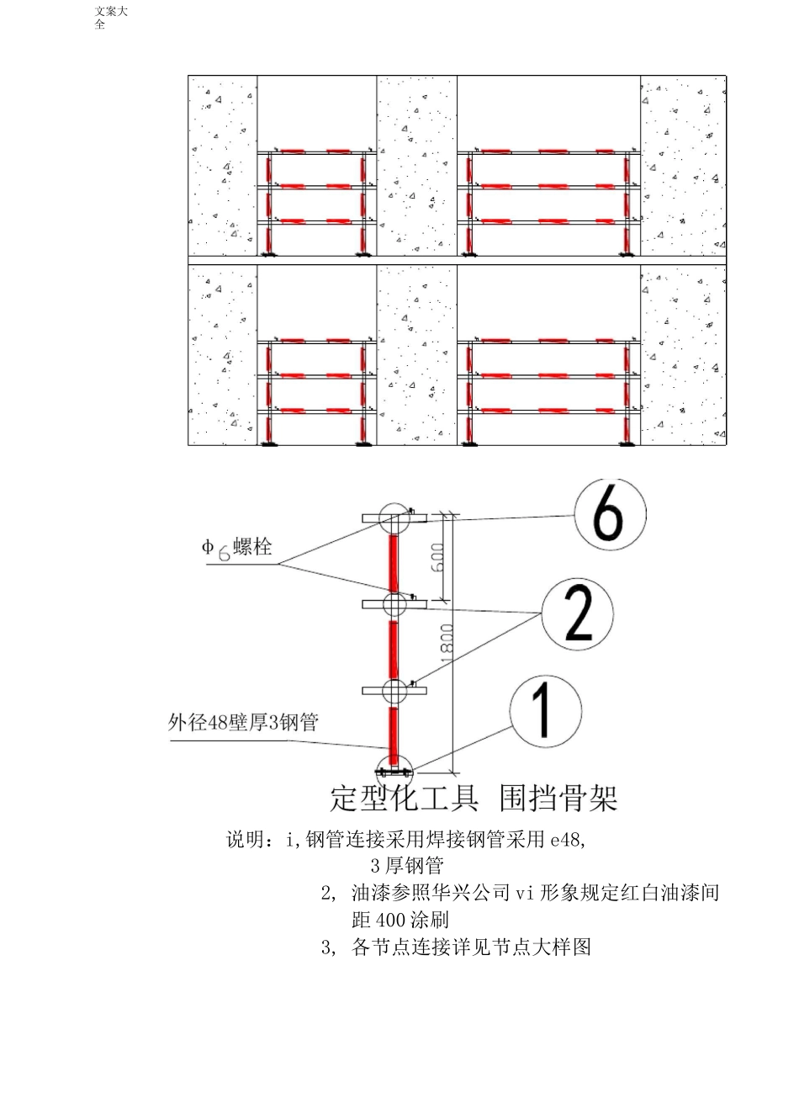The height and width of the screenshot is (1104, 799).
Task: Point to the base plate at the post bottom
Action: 394,770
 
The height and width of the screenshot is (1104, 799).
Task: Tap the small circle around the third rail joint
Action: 394,691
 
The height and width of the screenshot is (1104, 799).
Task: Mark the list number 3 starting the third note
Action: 327,947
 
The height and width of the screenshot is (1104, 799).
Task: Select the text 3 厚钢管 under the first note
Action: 407,865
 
